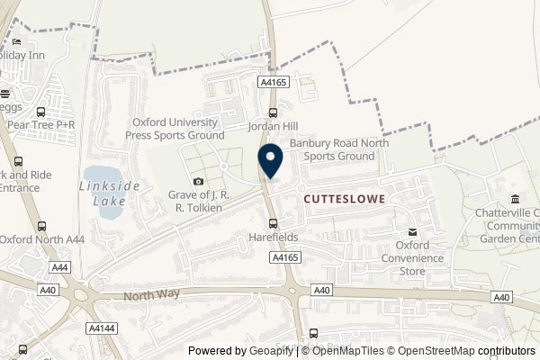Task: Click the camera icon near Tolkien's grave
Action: click(199, 183)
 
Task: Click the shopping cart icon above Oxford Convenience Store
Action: click(412, 230)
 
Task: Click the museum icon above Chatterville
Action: click(514, 199)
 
